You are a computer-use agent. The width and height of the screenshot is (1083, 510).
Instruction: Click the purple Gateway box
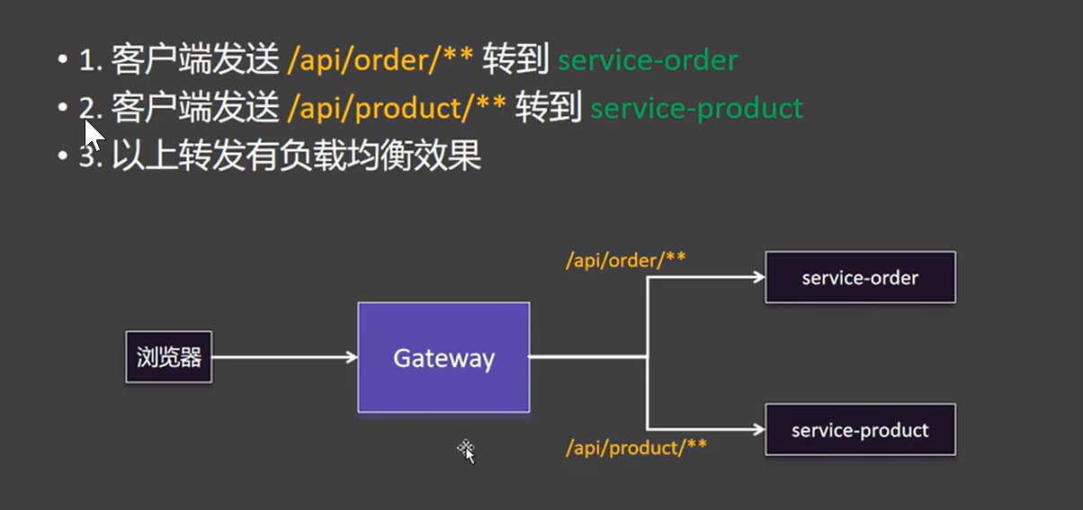tap(443, 357)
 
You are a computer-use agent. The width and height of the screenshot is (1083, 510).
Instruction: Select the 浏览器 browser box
tap(169, 357)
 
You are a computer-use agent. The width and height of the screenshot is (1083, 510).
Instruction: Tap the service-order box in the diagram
tap(860, 277)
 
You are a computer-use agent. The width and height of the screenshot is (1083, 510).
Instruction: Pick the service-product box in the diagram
tap(860, 429)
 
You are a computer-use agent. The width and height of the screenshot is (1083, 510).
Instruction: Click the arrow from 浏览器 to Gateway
tap(284, 357)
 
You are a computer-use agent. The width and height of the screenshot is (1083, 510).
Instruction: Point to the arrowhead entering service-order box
tap(759, 277)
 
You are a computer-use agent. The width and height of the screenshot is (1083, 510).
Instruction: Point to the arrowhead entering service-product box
tap(759, 429)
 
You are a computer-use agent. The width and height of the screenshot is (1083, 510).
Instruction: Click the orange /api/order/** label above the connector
tap(626, 260)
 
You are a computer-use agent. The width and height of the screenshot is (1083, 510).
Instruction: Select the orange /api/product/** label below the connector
tap(636, 447)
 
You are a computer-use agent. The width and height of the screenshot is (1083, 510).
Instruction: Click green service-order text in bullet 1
tap(648, 60)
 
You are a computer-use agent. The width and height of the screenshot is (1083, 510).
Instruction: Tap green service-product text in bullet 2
tap(697, 108)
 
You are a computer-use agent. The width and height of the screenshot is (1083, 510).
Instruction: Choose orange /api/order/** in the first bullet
tap(380, 60)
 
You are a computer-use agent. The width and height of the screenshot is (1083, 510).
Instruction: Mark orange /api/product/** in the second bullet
tap(397, 108)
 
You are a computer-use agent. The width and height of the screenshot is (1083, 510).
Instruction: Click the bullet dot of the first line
tap(62, 59)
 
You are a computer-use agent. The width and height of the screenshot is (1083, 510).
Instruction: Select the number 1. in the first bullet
tap(91, 60)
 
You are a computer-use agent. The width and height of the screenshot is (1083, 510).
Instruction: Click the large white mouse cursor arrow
tap(94, 135)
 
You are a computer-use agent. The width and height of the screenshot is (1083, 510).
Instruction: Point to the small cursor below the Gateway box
tap(467, 452)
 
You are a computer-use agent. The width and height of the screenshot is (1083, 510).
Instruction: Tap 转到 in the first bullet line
tap(515, 59)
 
